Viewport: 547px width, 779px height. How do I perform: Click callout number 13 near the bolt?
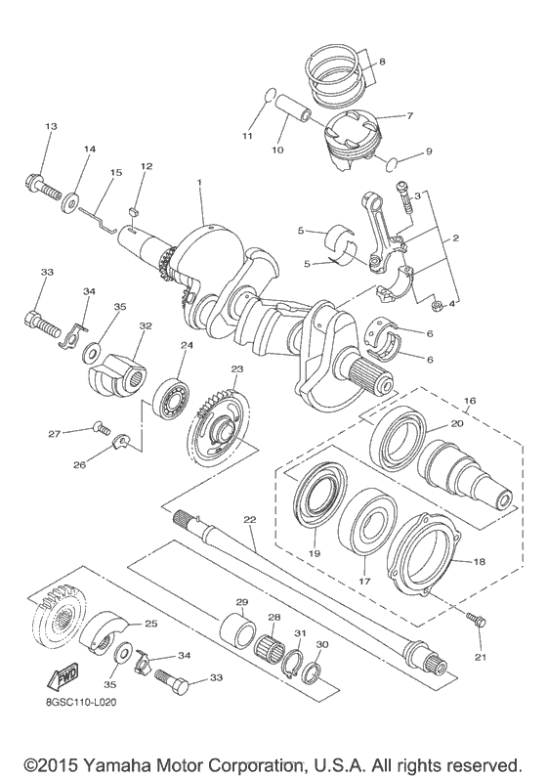pos(51,127)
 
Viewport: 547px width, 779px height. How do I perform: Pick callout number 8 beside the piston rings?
pos(381,63)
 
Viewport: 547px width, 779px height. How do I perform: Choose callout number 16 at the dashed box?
pos(469,400)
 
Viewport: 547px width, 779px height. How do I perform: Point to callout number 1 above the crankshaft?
pos(199,182)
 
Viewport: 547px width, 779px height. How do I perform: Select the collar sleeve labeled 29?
pos(234,627)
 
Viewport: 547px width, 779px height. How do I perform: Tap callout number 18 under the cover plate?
pos(480,563)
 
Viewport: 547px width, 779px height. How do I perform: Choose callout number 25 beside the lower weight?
pos(150,623)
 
